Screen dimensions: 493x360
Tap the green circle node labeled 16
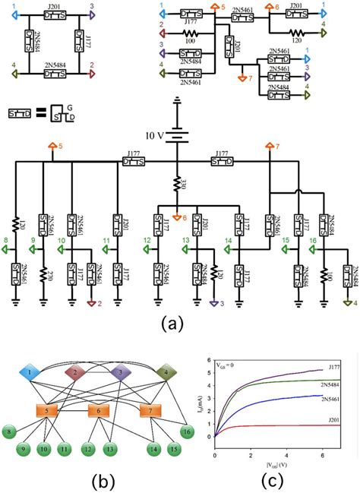187,432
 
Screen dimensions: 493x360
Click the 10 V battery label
156,136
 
